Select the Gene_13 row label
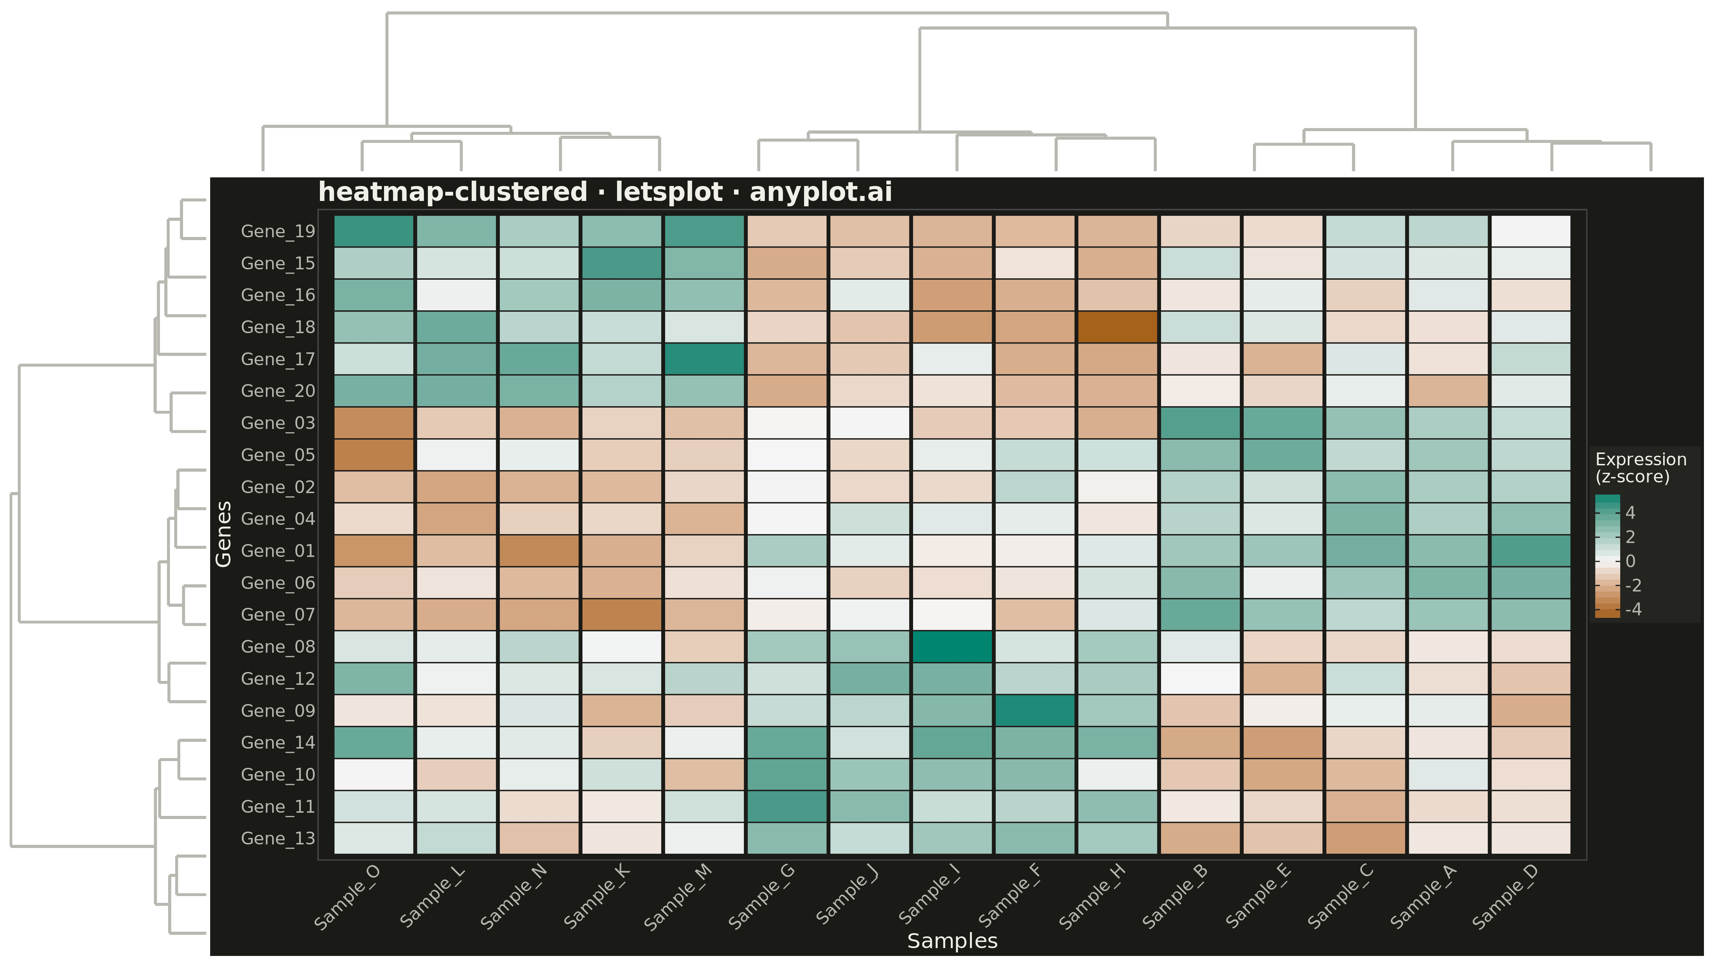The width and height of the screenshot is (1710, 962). (x=278, y=838)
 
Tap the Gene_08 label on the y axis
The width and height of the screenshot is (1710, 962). (x=278, y=647)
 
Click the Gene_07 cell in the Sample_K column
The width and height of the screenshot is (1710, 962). (x=622, y=615)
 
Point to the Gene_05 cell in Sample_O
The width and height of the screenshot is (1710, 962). (x=374, y=455)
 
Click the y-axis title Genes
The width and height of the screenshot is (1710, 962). (x=224, y=534)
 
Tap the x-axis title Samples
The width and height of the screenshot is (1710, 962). (x=953, y=941)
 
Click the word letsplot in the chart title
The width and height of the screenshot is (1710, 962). (x=668, y=192)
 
